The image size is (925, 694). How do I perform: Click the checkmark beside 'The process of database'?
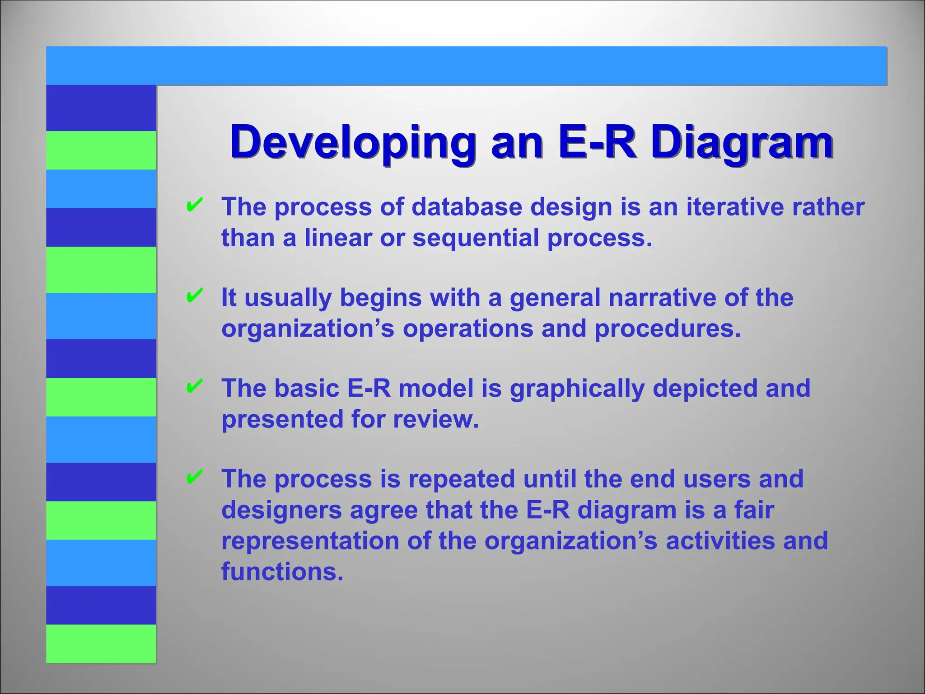pyautogui.click(x=194, y=205)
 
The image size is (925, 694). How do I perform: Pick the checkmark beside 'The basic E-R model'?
pyautogui.click(x=194, y=386)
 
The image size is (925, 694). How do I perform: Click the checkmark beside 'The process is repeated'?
pyautogui.click(x=194, y=477)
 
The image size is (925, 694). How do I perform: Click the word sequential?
pyautogui.click(x=476, y=238)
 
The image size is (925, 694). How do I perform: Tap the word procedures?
pyautogui.click(x=668, y=328)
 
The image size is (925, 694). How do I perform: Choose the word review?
pyautogui.click(x=435, y=419)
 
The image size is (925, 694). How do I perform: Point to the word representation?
pyautogui.click(x=310, y=542)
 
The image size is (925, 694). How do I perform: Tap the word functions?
pyautogui.click(x=282, y=572)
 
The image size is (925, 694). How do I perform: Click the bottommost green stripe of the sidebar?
pyautogui.click(x=101, y=643)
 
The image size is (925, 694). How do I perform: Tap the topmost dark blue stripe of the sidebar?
pyautogui.click(x=101, y=108)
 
